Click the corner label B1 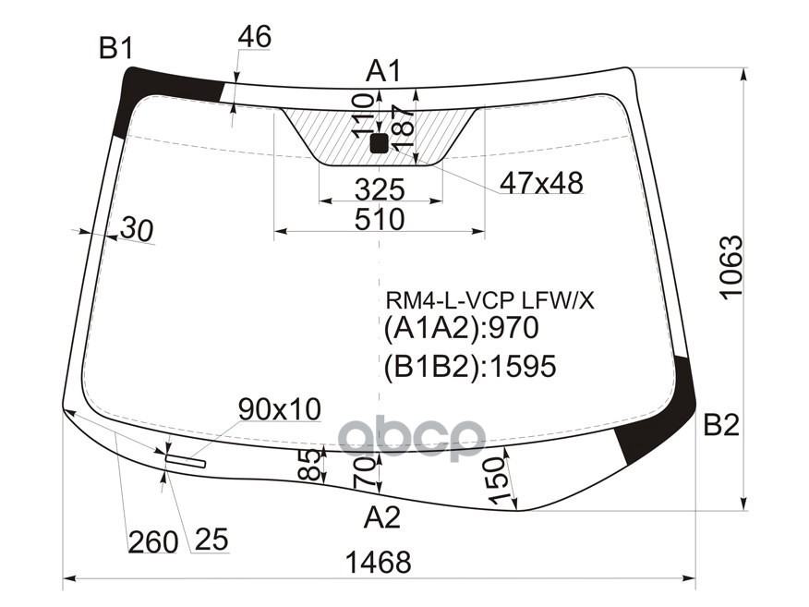coord(116,48)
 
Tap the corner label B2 coord(721,426)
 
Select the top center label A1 coord(383,70)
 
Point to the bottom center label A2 coord(381,518)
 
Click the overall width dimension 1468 coord(377,562)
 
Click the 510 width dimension coord(380,220)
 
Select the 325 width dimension coord(380,189)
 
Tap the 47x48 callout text coord(541,184)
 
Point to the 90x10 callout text coord(279,408)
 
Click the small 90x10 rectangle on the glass coord(186,461)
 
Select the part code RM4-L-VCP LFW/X coord(490,299)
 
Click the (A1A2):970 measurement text coord(461,329)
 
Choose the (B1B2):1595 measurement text coord(470,367)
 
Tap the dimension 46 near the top coord(254,37)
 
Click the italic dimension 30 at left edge coord(136,230)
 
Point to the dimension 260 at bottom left coord(152,541)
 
